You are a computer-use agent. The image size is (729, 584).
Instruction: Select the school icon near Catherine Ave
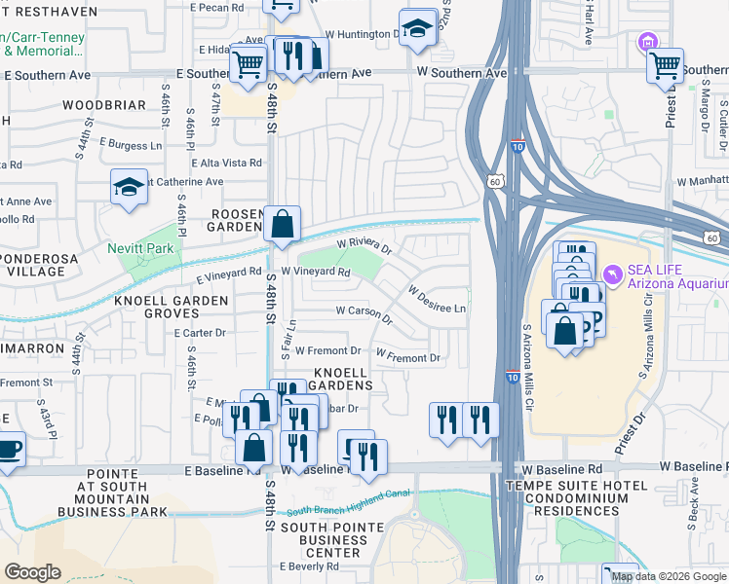click(129, 185)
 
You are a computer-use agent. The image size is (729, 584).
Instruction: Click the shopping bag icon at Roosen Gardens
click(282, 223)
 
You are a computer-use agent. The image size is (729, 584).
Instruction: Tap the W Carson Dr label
click(364, 313)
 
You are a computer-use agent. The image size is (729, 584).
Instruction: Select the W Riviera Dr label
click(364, 246)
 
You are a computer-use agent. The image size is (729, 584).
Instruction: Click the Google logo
click(32, 571)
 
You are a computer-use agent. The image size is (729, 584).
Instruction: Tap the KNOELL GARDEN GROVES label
click(171, 302)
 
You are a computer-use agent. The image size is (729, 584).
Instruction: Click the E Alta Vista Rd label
click(227, 164)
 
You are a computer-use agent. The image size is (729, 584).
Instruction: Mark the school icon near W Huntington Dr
click(417, 28)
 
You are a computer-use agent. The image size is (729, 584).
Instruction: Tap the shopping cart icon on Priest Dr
click(666, 65)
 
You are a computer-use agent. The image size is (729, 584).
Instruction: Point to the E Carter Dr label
click(200, 333)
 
